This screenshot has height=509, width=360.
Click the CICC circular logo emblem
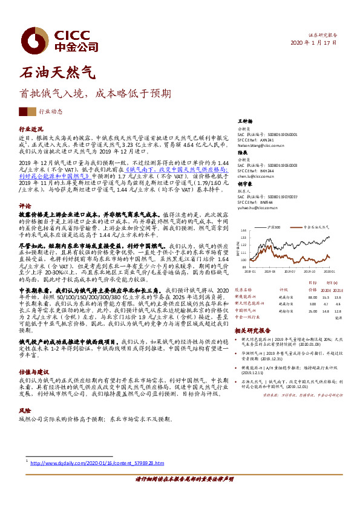[x=31, y=39]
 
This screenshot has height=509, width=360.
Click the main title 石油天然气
[x=57, y=74]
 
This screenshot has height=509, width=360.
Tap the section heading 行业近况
[x=31, y=129]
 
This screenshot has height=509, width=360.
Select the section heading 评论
[x=25, y=205]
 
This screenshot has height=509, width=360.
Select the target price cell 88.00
[x=312, y=297]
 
